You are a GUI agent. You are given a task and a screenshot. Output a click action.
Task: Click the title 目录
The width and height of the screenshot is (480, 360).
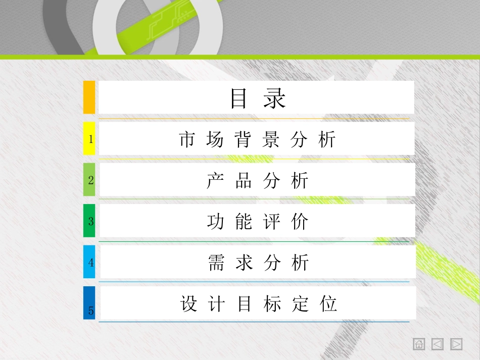pos(258,98)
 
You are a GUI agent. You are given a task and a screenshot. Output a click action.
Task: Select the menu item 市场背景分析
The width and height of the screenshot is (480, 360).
pos(257,139)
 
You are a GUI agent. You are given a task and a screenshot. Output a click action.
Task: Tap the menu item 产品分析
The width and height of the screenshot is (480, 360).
pos(257,181)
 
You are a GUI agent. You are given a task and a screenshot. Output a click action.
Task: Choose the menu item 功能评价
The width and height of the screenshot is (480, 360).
pos(257,222)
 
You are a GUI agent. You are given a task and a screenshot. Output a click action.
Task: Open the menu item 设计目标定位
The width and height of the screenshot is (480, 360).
pos(258,304)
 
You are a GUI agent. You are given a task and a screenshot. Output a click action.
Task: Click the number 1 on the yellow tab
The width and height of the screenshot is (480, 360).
pos(91,139)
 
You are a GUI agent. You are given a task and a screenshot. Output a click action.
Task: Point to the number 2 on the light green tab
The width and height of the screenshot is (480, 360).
pos(91,180)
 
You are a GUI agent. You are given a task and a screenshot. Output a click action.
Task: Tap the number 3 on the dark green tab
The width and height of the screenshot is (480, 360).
pos(91,221)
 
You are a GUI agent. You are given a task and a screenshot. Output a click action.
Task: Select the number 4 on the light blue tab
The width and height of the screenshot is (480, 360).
pos(91,263)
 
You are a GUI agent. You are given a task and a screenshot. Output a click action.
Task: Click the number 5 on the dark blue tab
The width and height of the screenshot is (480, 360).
pos(91,311)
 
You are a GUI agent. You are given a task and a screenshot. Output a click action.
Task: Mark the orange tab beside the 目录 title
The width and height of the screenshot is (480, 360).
pos(89,97)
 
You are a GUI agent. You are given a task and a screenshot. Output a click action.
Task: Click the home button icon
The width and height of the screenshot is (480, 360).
pos(419,344)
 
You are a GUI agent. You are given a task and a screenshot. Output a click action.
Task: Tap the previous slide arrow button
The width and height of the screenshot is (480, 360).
pos(438,344)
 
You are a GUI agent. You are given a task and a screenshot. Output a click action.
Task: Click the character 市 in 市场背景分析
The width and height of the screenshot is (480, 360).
pos(187,139)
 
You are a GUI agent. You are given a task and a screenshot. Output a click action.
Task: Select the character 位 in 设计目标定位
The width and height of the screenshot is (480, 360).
pos(329,304)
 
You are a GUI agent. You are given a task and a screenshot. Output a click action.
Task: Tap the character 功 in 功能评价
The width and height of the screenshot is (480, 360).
pos(215,222)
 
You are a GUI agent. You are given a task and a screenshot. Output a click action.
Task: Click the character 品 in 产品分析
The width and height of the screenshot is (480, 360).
pos(244,181)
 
